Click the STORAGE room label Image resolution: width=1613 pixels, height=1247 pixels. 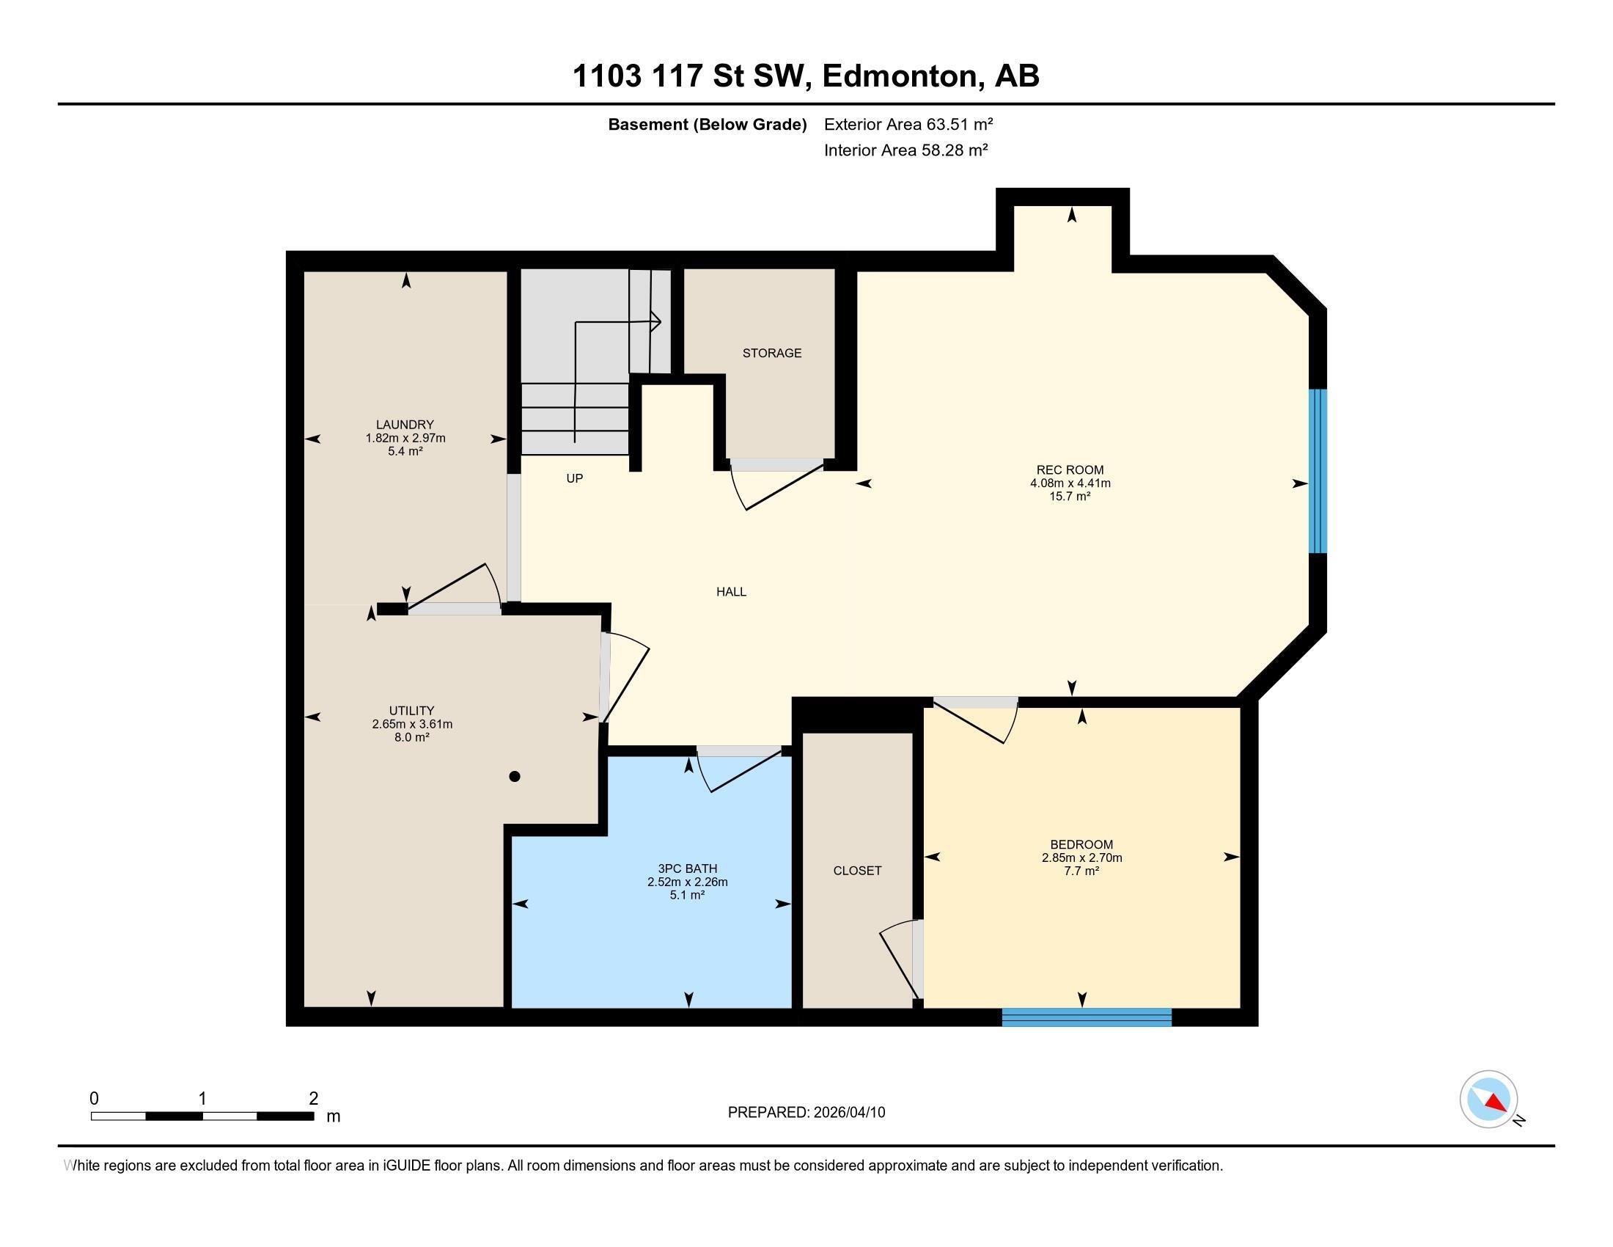click(772, 353)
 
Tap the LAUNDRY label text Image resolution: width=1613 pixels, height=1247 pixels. click(405, 425)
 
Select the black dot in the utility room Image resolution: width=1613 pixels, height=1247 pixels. click(515, 776)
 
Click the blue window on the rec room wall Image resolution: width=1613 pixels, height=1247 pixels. click(1318, 472)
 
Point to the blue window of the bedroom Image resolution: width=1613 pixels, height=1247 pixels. click(1087, 1017)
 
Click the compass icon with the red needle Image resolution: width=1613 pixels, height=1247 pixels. click(1488, 1100)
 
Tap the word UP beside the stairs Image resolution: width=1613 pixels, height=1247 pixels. click(575, 479)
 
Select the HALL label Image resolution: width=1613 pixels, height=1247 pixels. click(731, 592)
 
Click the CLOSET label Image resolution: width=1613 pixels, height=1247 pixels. click(856, 871)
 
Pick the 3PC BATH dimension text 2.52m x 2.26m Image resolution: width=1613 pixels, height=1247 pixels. click(687, 882)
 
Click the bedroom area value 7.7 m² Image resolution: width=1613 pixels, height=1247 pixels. click(1082, 871)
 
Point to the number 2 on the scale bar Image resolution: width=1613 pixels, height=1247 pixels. click(314, 1098)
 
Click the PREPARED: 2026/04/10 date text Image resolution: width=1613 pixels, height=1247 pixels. click(806, 1113)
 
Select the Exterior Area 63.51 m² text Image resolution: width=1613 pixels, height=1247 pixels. click(908, 124)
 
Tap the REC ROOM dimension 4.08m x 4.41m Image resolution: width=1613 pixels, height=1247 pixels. click(1070, 483)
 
